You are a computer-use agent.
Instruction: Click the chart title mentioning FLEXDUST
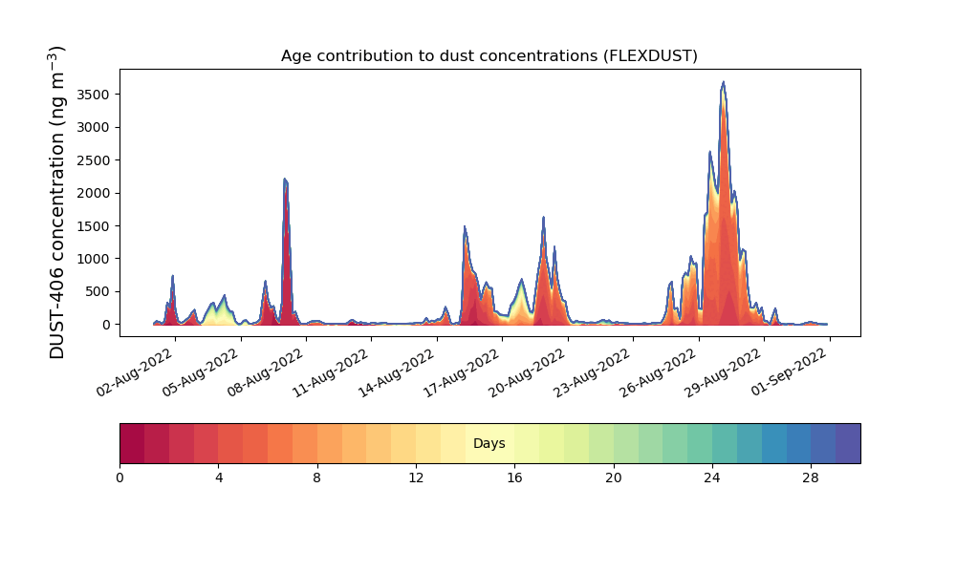coord(489,56)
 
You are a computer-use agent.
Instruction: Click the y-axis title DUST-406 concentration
coord(57,202)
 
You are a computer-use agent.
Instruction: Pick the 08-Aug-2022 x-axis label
coord(267,376)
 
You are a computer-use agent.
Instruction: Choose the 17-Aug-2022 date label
coord(463,376)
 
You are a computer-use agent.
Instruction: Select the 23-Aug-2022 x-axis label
coord(594,376)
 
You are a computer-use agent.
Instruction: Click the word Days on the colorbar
coord(489,444)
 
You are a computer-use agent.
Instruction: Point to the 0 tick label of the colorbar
coord(119,477)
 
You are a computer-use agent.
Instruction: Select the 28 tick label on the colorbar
coord(811,477)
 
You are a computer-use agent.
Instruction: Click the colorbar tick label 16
coord(514,477)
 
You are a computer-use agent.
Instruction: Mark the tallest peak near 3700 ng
coord(724,83)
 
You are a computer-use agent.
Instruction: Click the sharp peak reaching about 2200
coord(285,180)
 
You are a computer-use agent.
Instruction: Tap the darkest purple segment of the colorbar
coord(847,443)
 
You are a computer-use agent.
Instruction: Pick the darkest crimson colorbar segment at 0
coord(132,443)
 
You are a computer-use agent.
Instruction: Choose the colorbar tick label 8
coord(317,477)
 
